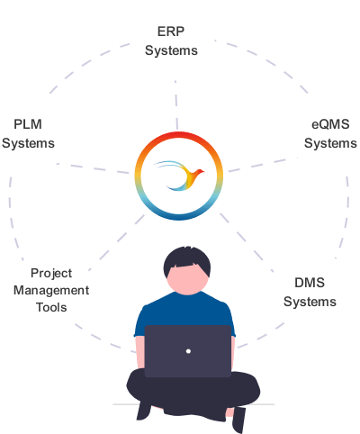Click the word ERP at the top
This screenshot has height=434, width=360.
(171, 32)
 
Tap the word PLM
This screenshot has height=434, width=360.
(28, 124)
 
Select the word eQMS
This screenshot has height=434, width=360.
(330, 124)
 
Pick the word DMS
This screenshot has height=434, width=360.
(310, 283)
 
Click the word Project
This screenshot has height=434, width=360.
(51, 274)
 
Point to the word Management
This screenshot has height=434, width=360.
(51, 291)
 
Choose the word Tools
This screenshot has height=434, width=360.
(51, 307)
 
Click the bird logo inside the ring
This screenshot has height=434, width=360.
(179, 176)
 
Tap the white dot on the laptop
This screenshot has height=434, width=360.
(188, 351)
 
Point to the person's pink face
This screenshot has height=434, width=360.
(187, 280)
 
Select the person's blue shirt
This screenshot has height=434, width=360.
(184, 309)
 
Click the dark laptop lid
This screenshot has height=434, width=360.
(188, 351)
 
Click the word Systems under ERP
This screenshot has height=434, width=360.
(171, 50)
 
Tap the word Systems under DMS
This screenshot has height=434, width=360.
(310, 302)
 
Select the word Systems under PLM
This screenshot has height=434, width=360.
(28, 143)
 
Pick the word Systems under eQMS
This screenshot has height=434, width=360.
(330, 143)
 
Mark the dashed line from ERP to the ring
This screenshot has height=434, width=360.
(176, 105)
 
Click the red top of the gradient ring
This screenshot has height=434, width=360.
(179, 135)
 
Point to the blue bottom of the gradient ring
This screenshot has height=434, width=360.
(179, 217)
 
